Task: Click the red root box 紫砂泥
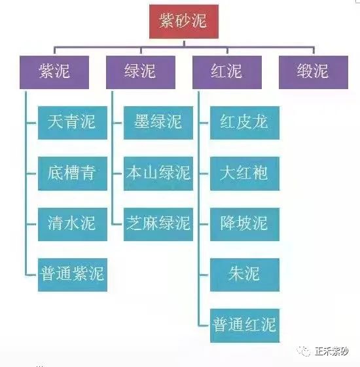(183, 22)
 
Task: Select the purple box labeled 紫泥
(54, 71)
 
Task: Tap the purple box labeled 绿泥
(140, 71)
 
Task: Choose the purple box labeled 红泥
(226, 71)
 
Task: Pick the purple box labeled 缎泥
(313, 71)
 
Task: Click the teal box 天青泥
(72, 123)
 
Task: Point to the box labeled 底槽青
(72, 173)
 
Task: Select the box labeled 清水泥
(72, 223)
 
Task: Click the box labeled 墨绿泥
(158, 123)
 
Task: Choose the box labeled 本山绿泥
(158, 173)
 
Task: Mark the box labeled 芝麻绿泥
(158, 223)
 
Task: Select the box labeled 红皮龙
(244, 123)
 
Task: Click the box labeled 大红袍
(244, 173)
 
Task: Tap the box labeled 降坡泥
(244, 223)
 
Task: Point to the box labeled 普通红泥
(244, 324)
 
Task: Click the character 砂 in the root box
(183, 22)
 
